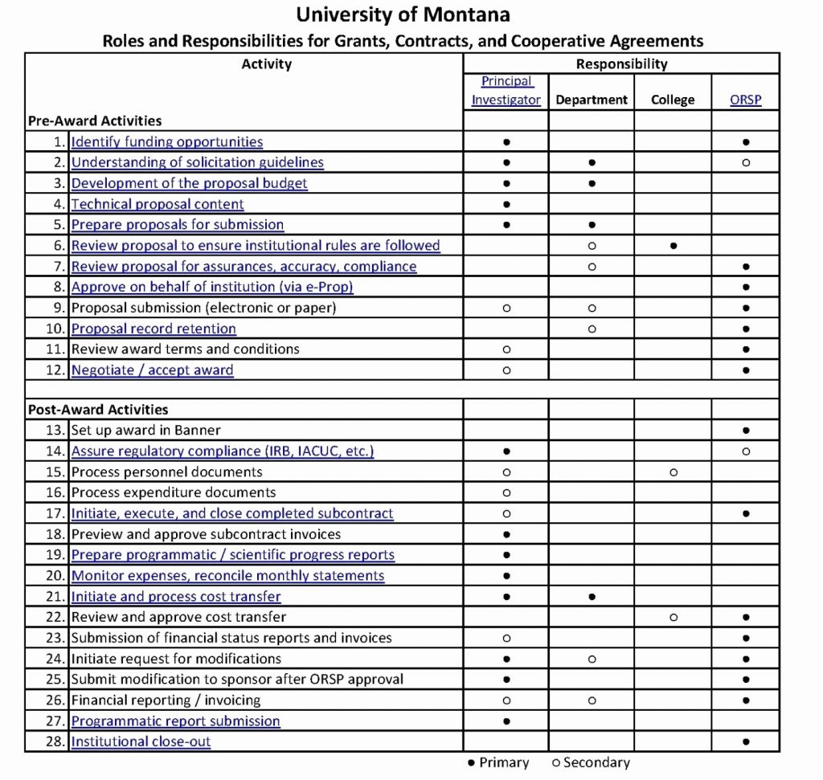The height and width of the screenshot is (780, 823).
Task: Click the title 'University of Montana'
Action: click(x=403, y=14)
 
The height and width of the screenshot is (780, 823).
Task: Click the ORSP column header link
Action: click(x=745, y=100)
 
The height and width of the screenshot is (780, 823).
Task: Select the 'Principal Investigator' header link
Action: click(x=506, y=91)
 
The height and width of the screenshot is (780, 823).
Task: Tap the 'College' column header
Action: click(x=673, y=100)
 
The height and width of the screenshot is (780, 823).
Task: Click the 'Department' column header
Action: click(x=592, y=100)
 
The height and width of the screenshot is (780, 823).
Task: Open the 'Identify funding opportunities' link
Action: click(x=167, y=142)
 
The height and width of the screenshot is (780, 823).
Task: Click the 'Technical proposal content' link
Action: click(x=158, y=205)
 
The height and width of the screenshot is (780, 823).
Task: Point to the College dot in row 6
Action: click(x=673, y=246)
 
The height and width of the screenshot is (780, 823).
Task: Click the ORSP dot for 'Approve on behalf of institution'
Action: click(x=746, y=287)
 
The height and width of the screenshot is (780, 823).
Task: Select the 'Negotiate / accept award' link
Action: click(x=153, y=370)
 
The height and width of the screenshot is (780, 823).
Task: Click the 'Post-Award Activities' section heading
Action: click(x=98, y=410)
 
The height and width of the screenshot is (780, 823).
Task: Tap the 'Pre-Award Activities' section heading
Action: click(x=95, y=121)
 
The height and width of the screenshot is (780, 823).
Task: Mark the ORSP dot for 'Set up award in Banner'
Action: click(x=746, y=431)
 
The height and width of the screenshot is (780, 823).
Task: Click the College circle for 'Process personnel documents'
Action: click(x=673, y=472)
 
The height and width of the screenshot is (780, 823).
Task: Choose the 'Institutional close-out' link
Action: click(x=141, y=741)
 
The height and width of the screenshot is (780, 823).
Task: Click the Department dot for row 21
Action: click(x=592, y=597)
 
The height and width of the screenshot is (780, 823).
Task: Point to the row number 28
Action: click(x=55, y=741)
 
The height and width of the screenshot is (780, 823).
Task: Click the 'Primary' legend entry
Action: click(x=498, y=762)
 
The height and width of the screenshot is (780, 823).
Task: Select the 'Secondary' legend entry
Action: click(x=591, y=762)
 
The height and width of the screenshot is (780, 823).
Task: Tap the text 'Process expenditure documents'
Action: click(x=174, y=492)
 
